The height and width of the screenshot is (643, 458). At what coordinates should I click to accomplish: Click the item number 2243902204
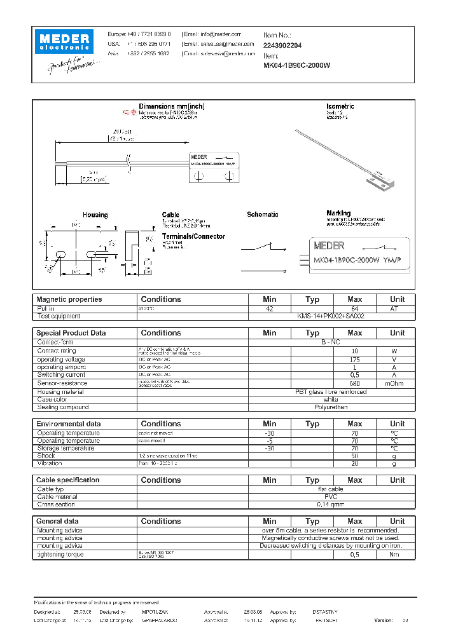[x=282, y=46]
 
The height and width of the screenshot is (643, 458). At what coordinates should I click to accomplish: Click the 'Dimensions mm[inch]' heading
[x=171, y=106]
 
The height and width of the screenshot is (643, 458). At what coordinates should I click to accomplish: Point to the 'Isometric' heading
[x=340, y=106]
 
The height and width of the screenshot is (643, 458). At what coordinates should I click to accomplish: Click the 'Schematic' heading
[x=262, y=215]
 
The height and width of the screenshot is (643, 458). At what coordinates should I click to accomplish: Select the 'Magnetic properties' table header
[x=69, y=299]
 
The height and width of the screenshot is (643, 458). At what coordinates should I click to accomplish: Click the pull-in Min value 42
[x=270, y=308]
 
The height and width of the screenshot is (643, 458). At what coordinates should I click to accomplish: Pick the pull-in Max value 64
[x=355, y=308]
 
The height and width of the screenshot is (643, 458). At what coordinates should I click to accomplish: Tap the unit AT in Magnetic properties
[x=397, y=308]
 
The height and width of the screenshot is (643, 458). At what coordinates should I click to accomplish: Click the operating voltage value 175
[x=355, y=360]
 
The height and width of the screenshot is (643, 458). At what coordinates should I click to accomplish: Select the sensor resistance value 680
[x=355, y=383]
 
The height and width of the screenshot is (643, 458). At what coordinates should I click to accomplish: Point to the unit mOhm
[x=397, y=383]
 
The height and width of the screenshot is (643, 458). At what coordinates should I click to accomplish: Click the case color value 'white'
[x=331, y=400]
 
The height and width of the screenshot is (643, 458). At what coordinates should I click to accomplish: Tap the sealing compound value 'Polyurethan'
[x=331, y=407]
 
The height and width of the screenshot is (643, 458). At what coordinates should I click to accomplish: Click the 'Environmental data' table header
[x=68, y=424]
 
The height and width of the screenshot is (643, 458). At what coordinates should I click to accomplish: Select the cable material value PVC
[x=331, y=497]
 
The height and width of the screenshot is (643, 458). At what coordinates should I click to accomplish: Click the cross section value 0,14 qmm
[x=331, y=504]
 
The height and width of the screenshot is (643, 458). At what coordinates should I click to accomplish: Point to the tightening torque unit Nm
[x=397, y=555]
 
